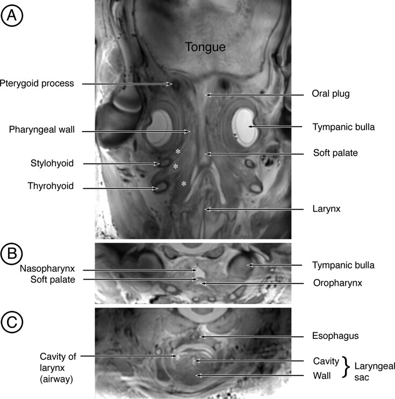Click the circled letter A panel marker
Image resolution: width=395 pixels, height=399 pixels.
pyautogui.click(x=12, y=17)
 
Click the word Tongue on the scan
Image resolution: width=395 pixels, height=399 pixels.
pyautogui.click(x=206, y=48)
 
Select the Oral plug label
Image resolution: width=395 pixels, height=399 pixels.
pyautogui.click(x=331, y=95)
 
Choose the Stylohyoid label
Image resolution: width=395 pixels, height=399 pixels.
pyautogui.click(x=52, y=163)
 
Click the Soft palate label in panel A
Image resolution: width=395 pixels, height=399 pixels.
pyautogui.click(x=335, y=153)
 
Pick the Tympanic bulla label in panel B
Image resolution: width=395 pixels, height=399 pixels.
pyautogui.click(x=343, y=265)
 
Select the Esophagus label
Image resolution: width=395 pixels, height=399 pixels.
pyautogui.click(x=336, y=336)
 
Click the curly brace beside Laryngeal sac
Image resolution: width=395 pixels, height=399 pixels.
pyautogui.click(x=347, y=368)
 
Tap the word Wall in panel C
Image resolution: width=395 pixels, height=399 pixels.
pyautogui.click(x=321, y=375)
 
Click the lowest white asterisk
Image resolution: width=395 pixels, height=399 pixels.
pyautogui.click(x=184, y=184)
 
